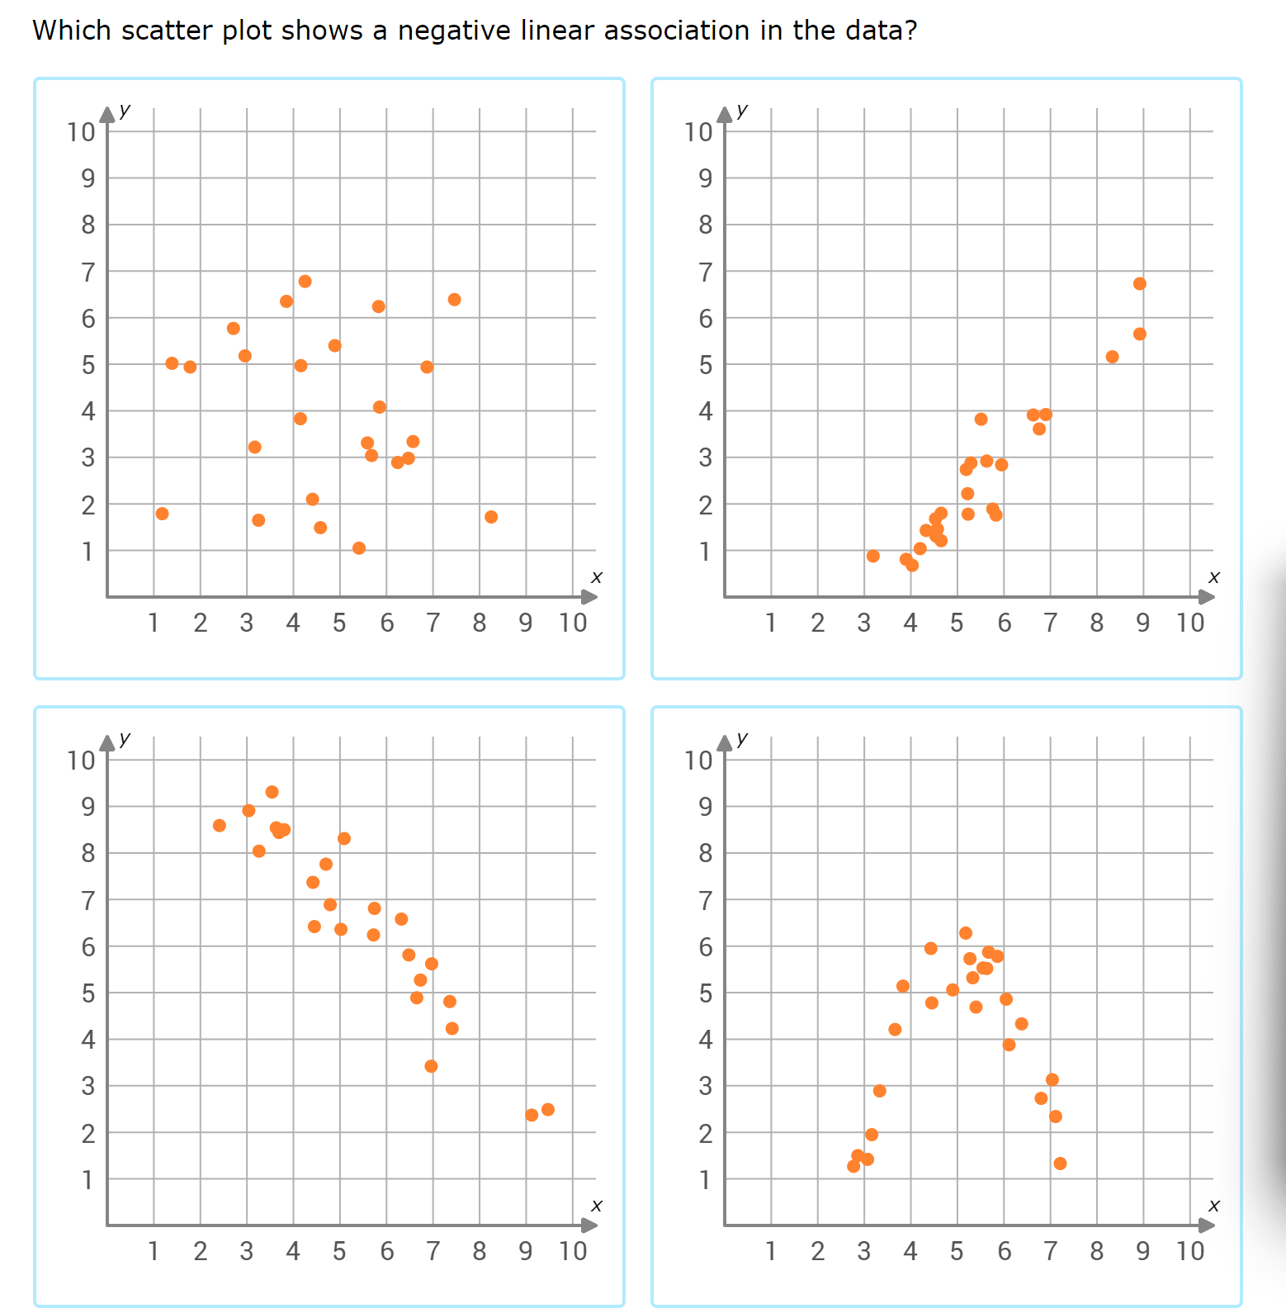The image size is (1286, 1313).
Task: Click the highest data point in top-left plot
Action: [305, 282]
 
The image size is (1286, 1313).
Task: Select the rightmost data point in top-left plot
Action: [491, 517]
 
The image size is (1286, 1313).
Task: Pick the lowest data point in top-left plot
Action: [359, 548]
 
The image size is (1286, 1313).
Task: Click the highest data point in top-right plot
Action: [1140, 284]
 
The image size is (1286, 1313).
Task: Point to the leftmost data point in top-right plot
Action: [873, 557]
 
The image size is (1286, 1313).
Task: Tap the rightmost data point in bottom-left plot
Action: [548, 1110]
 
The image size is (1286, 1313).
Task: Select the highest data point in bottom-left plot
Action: [272, 793]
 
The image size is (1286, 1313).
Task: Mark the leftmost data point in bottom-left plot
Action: [220, 826]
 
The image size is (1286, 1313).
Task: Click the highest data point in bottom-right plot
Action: [966, 933]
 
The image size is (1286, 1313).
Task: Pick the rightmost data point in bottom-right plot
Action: [1061, 1164]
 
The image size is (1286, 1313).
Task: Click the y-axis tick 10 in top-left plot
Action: [82, 132]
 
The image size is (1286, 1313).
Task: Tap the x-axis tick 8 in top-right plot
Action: [1096, 623]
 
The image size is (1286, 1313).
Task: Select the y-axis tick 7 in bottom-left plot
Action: [88, 901]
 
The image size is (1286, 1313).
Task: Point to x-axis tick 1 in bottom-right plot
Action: [771, 1251]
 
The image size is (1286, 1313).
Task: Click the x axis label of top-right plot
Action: [1213, 577]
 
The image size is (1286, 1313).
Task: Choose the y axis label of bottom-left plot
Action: [125, 738]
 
